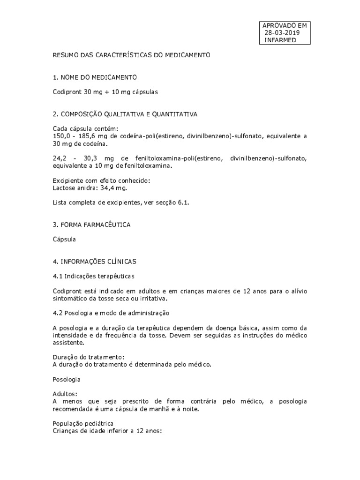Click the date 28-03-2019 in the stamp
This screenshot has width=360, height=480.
point(282,33)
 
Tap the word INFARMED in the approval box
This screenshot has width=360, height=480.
point(280,40)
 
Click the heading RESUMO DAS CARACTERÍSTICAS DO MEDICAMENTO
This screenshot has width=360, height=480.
point(132,55)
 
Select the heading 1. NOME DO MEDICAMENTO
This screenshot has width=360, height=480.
point(95,77)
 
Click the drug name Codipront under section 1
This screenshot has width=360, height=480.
point(67,92)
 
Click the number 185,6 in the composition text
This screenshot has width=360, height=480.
point(88,136)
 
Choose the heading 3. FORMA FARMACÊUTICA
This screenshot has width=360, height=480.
point(91,225)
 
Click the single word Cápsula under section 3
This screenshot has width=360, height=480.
point(64,239)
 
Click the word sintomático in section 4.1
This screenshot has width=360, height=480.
point(70,299)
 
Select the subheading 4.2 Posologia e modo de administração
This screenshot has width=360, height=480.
point(111,312)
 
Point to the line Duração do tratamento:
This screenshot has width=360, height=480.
point(89,357)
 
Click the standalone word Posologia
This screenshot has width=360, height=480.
point(67,379)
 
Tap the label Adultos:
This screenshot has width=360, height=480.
point(65,394)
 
